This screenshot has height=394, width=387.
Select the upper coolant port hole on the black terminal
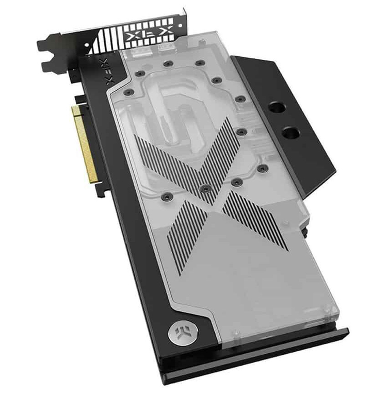[277, 108]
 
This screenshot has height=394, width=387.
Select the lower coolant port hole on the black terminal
[291, 133]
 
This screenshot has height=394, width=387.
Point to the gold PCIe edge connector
[85, 144]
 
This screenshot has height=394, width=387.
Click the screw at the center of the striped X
[206, 188]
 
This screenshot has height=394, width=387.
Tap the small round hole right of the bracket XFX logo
[180, 26]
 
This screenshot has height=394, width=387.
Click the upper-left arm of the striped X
[167, 161]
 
